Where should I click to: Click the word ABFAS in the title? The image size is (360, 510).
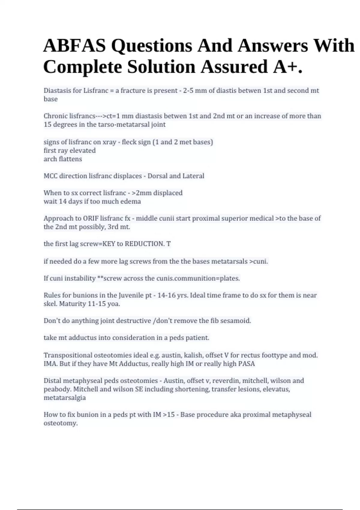(74, 46)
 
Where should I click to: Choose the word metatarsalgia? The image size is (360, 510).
(64, 398)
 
